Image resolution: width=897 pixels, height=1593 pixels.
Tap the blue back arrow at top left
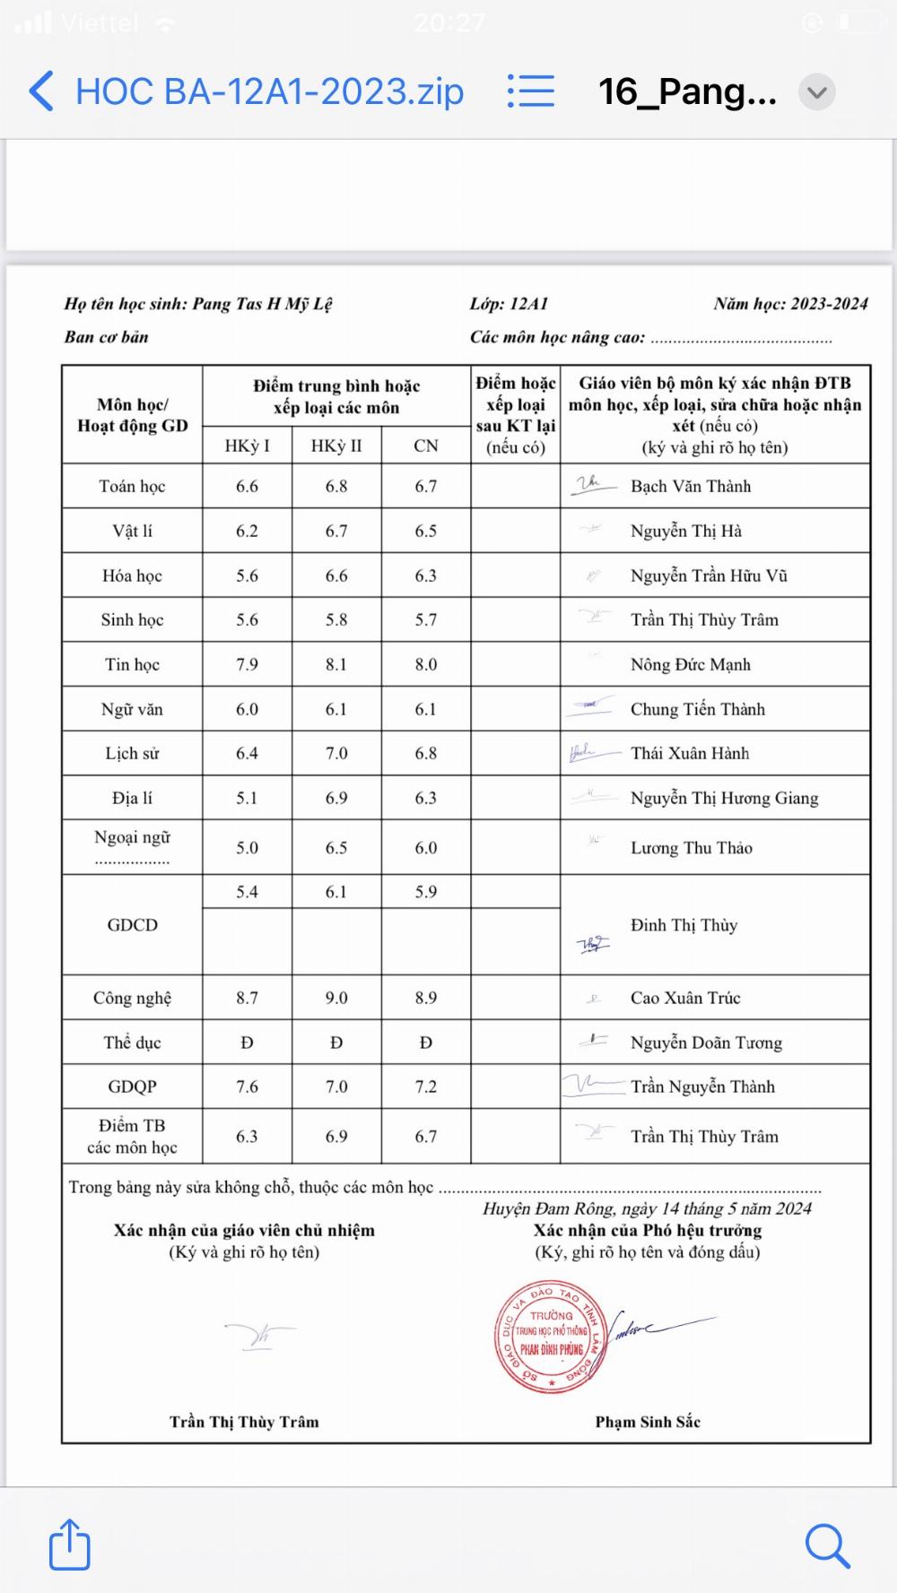tap(41, 91)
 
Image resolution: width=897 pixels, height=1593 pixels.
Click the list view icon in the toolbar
tap(530, 91)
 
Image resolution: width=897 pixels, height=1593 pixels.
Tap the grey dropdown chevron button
tap(816, 91)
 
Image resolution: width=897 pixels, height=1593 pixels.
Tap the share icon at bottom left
tap(69, 1544)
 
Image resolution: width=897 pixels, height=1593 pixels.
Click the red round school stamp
tap(552, 1336)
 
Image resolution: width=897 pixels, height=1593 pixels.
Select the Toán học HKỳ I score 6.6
tap(247, 486)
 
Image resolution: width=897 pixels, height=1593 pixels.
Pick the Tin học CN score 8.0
tap(426, 664)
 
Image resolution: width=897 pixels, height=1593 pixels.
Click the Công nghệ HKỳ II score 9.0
tap(336, 998)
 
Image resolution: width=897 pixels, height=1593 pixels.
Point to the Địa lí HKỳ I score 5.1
tap(247, 798)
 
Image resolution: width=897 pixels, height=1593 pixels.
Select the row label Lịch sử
tap(132, 753)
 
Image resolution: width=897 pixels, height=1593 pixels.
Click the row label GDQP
tap(132, 1087)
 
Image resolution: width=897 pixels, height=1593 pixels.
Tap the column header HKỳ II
tap(336, 446)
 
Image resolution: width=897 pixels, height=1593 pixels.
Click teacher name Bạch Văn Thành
tap(691, 486)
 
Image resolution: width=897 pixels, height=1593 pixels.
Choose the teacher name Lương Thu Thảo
tap(691, 848)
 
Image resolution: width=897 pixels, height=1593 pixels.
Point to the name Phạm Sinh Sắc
tap(648, 1421)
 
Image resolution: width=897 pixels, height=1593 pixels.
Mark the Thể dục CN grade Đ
tap(426, 1043)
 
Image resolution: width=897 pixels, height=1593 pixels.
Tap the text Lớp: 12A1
tap(509, 304)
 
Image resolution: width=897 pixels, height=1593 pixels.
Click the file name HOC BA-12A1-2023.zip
tap(269, 91)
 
